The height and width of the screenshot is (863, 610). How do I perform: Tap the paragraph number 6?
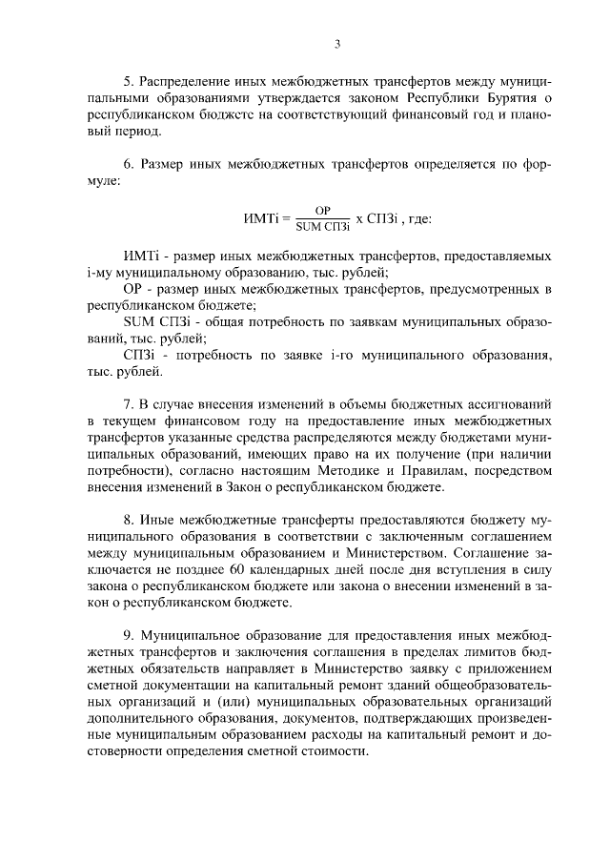tap(129, 164)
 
